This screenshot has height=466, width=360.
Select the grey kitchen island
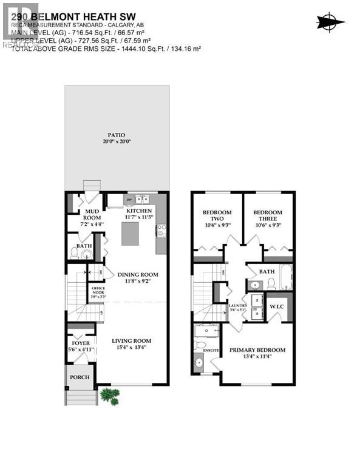click(134, 234)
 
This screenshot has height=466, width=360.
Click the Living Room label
click(131, 340)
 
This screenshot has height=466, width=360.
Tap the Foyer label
click(81, 343)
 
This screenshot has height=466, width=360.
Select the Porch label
click(80, 377)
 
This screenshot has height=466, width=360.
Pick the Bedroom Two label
click(217, 215)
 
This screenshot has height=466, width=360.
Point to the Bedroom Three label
click(268, 215)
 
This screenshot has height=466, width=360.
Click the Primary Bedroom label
click(257, 350)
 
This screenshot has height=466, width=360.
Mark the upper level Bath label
click(267, 272)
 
